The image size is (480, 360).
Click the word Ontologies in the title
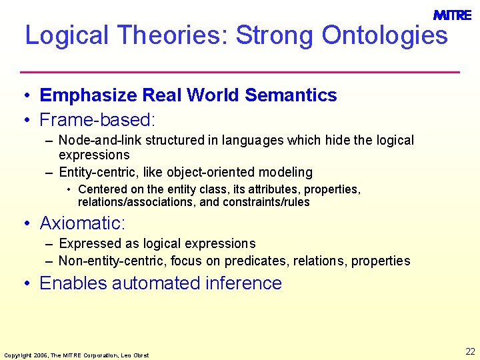tap(385, 35)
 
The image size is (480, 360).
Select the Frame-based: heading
tap(97, 120)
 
